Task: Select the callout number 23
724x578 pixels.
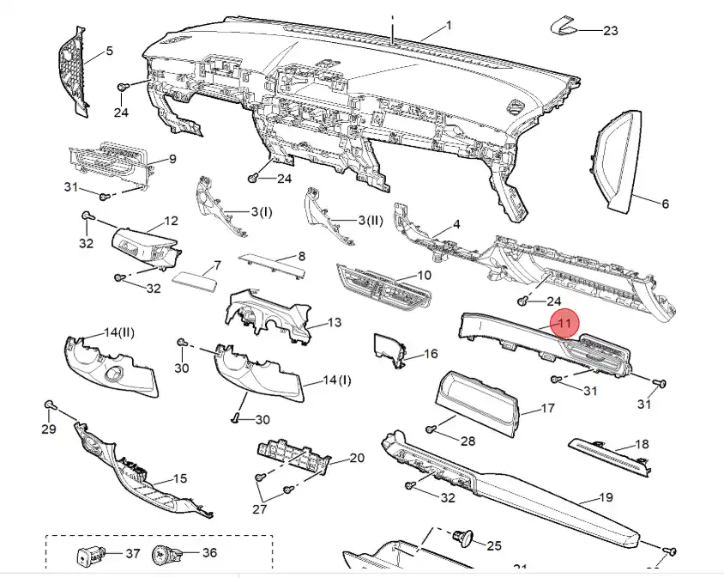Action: (x=610, y=31)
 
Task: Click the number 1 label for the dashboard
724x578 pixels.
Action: (x=449, y=25)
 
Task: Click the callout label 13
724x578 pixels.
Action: (x=335, y=323)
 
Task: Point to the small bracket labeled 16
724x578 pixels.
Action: (x=389, y=352)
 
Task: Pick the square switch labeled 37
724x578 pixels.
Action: (x=87, y=557)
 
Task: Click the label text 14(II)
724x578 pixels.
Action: (x=119, y=332)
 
